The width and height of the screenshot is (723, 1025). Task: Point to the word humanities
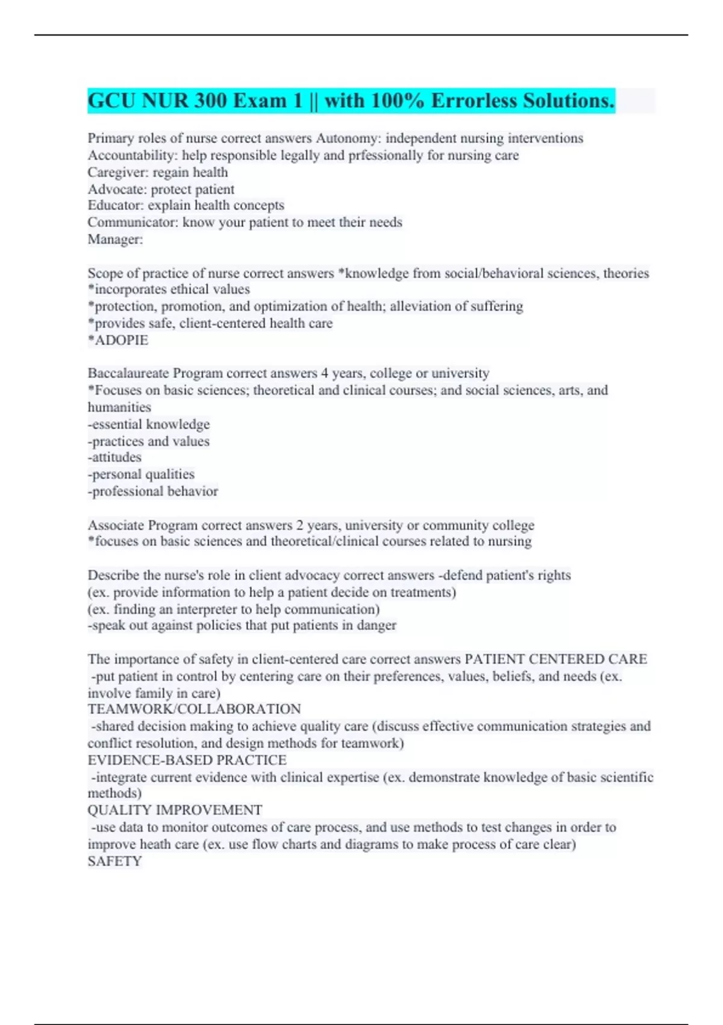point(119,408)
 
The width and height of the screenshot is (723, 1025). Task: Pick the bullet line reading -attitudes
point(114,458)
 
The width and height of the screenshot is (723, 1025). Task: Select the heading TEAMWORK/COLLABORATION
point(194,709)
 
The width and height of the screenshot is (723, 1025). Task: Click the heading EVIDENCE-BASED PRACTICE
point(187,760)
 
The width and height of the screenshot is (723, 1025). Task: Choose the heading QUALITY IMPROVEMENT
point(175,810)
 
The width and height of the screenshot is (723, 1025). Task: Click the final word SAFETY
point(114,861)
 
